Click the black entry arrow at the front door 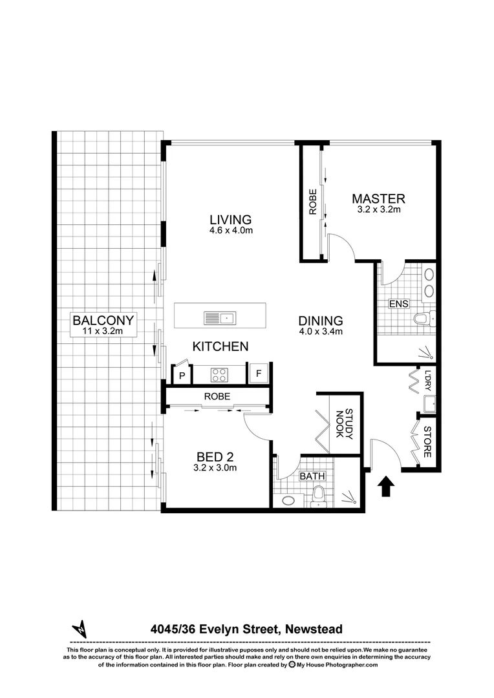coord(386,485)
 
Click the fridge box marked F coord(259,373)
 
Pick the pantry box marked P coord(182,374)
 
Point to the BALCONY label coord(103,320)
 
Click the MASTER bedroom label coord(378,198)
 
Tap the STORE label coord(427,443)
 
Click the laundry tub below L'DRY coord(428,405)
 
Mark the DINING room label coord(320,321)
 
